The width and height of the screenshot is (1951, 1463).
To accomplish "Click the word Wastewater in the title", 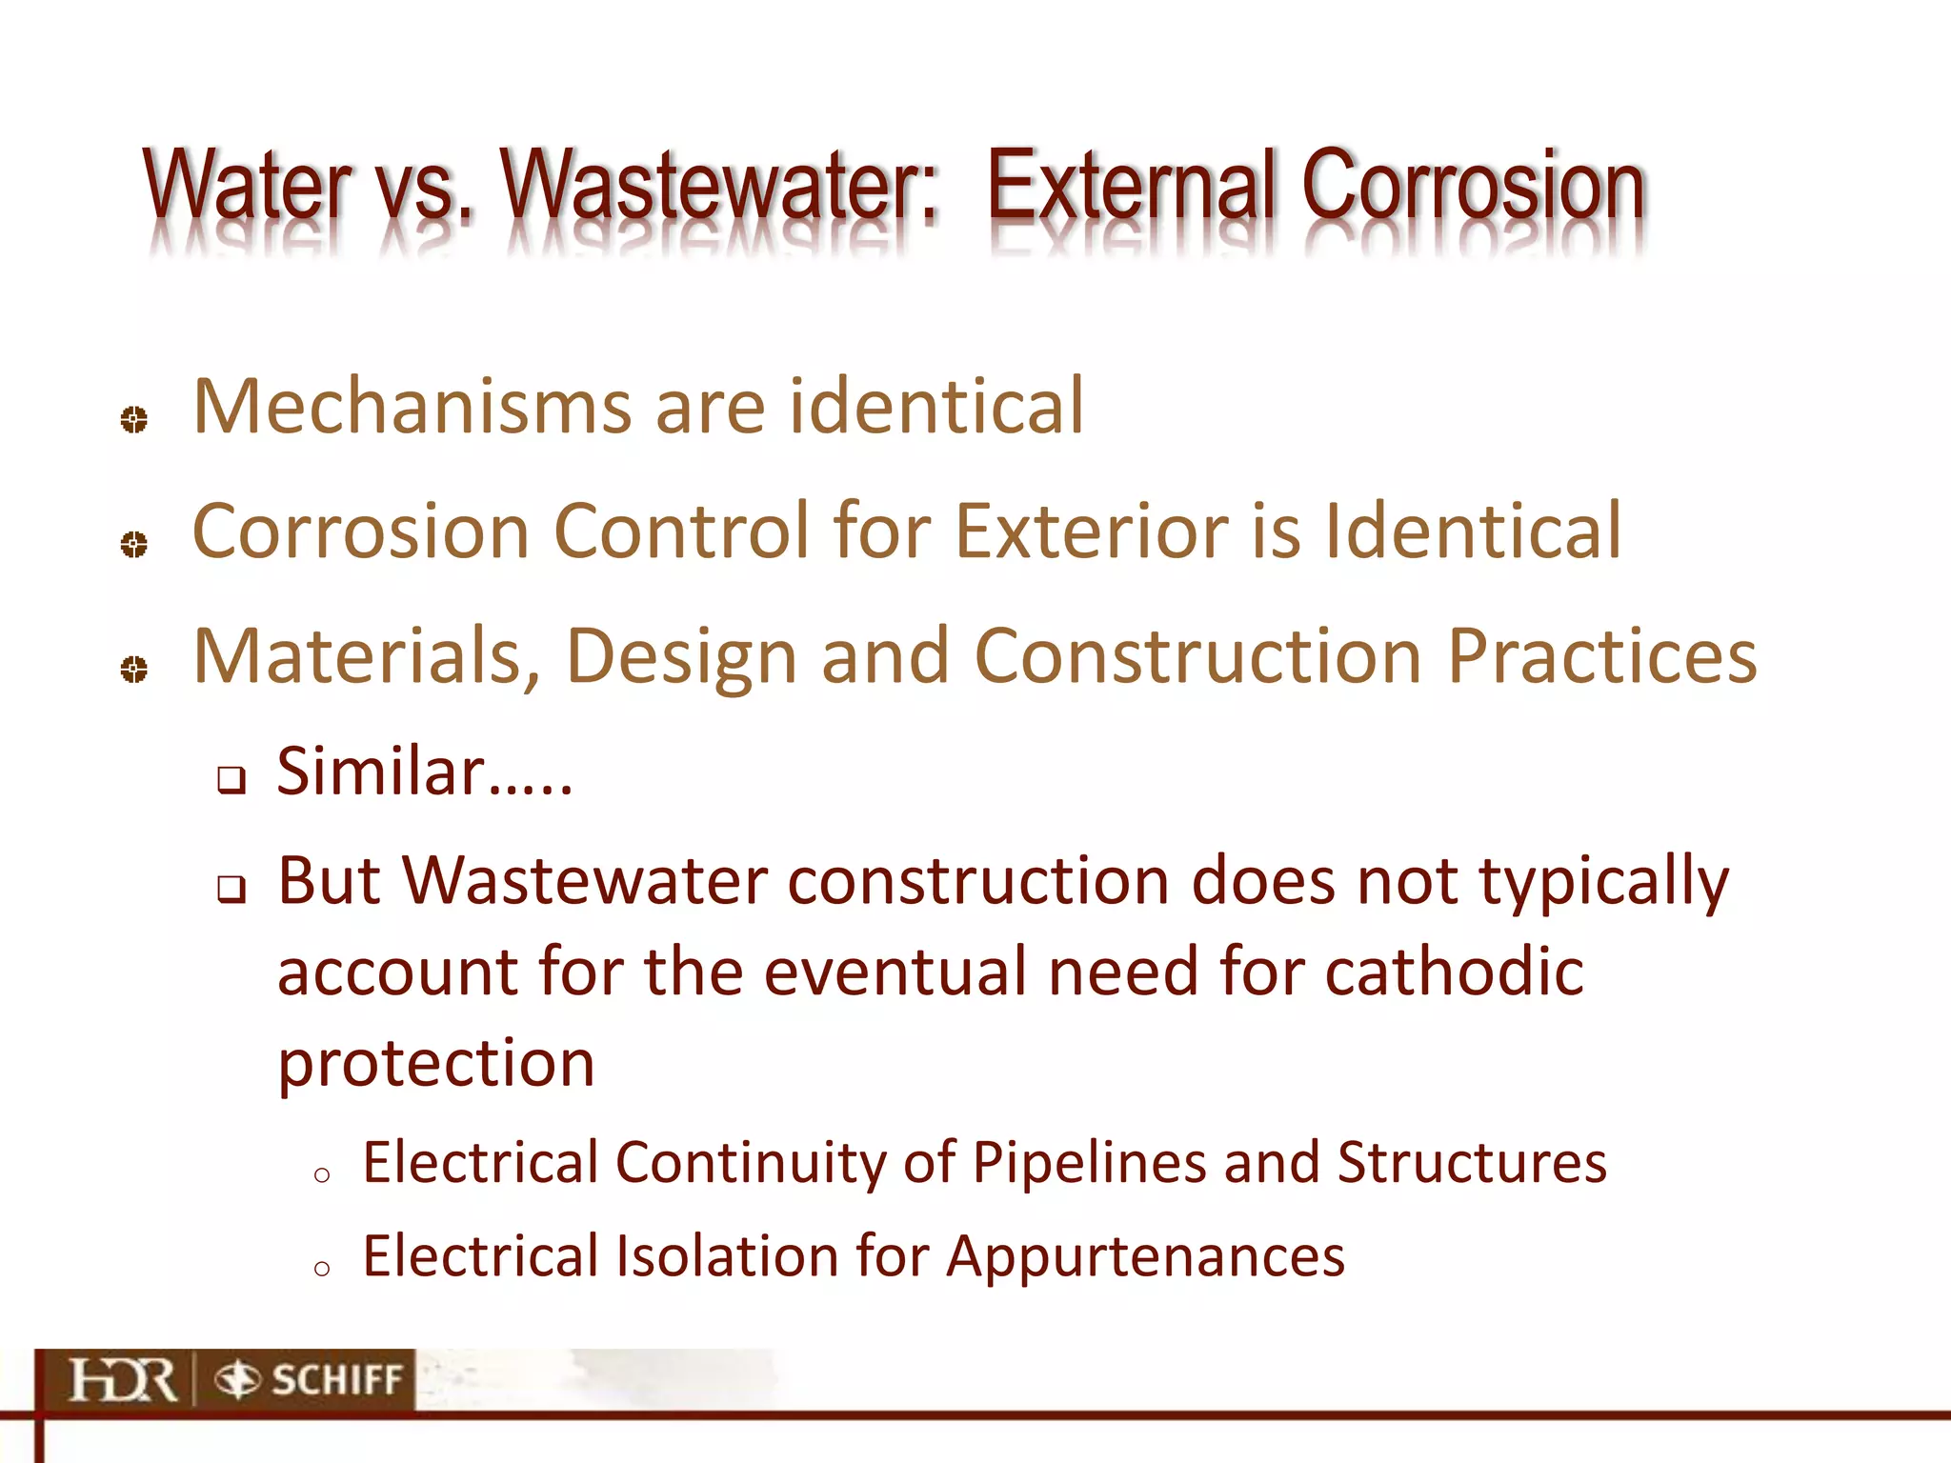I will click(x=719, y=186).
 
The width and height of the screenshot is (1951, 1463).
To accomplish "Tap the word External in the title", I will click(x=1129, y=186).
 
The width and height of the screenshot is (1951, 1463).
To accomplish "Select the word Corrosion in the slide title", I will click(x=1472, y=186).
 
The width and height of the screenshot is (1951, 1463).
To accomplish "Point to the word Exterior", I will click(x=1091, y=531).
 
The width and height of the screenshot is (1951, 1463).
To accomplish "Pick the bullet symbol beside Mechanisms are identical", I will click(x=134, y=419).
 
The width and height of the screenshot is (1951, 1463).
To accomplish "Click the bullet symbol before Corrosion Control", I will click(x=134, y=544).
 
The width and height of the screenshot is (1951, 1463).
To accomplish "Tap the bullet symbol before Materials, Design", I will click(x=134, y=669).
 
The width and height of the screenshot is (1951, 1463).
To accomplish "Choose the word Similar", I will click(x=381, y=772).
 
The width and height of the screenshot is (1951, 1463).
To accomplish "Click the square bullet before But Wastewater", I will click(x=231, y=890).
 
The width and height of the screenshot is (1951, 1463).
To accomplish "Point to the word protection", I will click(x=436, y=1064).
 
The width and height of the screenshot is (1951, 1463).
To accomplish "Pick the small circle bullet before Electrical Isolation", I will click(x=322, y=1268).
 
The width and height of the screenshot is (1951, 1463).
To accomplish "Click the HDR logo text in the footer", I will click(x=123, y=1380).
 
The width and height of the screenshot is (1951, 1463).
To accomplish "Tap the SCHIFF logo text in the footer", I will click(x=336, y=1380).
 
